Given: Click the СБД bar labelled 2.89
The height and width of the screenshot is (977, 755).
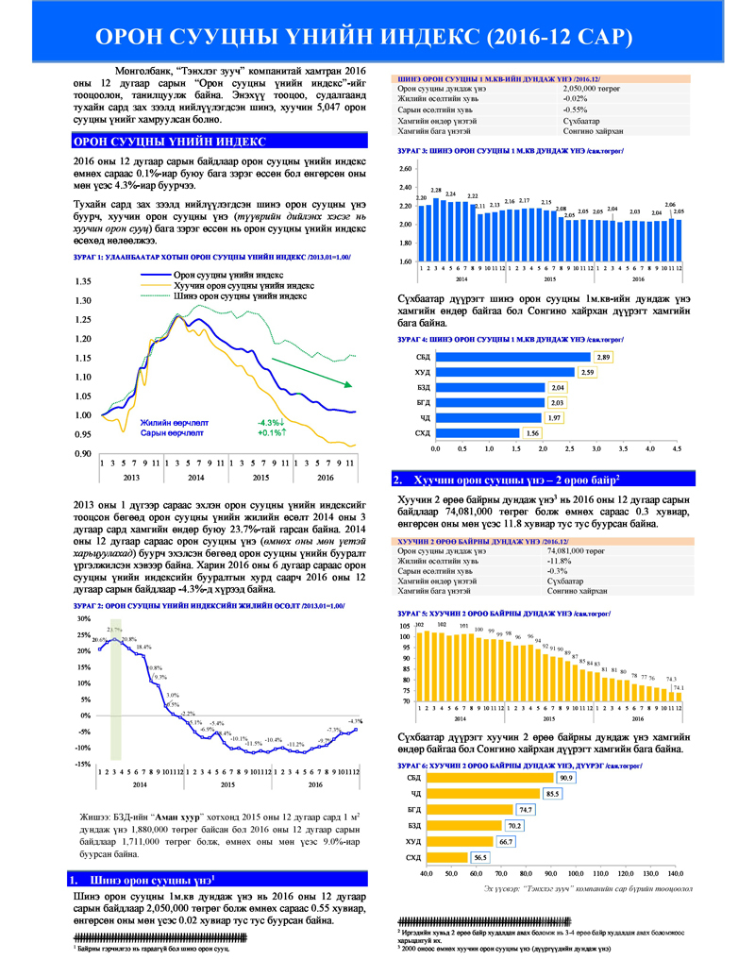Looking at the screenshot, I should click(512, 357).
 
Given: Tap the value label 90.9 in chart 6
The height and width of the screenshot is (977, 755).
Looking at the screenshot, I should click(566, 778).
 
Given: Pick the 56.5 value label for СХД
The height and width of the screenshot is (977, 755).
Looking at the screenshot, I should click(480, 857).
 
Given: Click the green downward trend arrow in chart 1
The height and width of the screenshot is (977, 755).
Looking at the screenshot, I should click(312, 372).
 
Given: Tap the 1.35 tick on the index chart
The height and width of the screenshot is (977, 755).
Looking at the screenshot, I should click(82, 282).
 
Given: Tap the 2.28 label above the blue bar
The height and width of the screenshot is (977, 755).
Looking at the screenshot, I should click(436, 191).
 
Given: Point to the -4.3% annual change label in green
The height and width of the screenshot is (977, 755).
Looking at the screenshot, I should click(272, 422).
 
